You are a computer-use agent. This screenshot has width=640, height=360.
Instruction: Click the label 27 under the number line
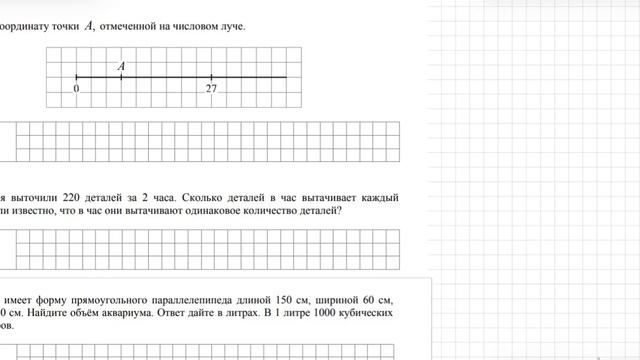pos(211,88)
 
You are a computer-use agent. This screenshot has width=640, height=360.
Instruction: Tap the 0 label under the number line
pos(77,88)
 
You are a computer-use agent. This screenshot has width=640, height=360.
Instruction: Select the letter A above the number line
pos(121,66)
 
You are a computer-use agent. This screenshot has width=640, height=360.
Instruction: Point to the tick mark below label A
pos(121,76)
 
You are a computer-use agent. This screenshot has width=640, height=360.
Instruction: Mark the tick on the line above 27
pos(211,76)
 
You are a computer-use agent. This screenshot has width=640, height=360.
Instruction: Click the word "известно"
pos(42,212)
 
